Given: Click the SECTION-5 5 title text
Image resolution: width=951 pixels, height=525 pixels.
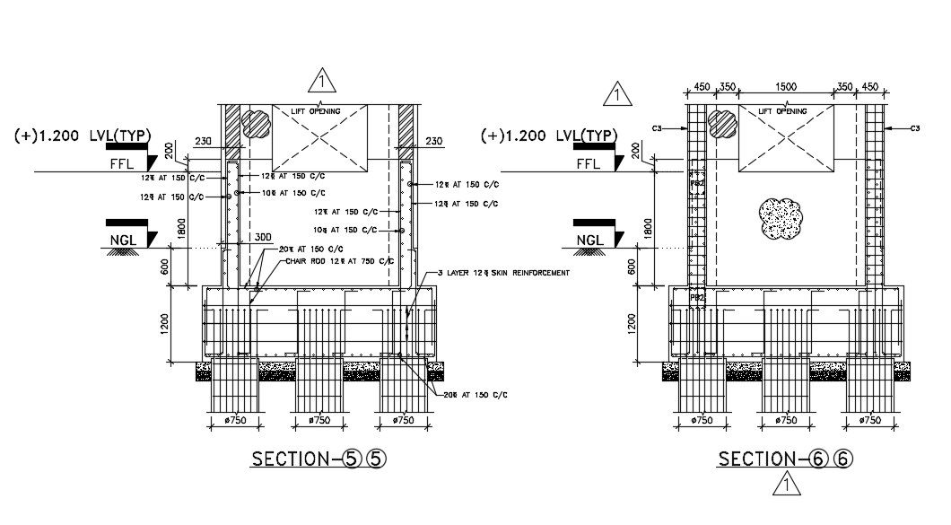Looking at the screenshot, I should pyautogui.click(x=319, y=459).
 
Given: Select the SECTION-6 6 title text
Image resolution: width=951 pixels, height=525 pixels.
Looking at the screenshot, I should pyautogui.click(x=785, y=459).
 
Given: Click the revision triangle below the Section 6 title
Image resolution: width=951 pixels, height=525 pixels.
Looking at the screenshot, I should pyautogui.click(x=786, y=486).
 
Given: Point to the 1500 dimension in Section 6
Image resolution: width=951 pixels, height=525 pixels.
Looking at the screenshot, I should pyautogui.click(x=786, y=87).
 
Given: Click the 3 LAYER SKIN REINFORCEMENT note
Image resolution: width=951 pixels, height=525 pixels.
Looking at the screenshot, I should pyautogui.click(x=503, y=273).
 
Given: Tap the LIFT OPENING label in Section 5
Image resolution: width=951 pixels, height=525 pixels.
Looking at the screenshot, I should pyautogui.click(x=319, y=110).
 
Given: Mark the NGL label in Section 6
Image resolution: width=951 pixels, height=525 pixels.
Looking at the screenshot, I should pyautogui.click(x=589, y=240).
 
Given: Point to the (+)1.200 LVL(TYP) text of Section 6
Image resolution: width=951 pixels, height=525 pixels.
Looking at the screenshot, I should pyautogui.click(x=549, y=136).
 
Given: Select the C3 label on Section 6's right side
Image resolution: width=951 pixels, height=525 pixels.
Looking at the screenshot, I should pyautogui.click(x=914, y=129).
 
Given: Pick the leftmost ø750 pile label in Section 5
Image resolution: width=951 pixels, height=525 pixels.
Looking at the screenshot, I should pyautogui.click(x=236, y=420).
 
